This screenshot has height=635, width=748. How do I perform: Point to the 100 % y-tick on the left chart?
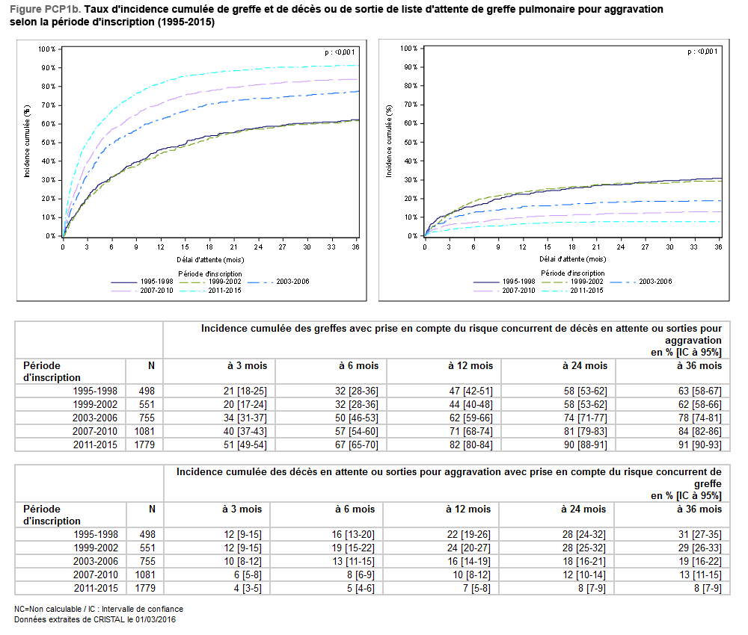click(x=46, y=49)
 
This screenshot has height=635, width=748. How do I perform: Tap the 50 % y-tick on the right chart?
click(x=408, y=142)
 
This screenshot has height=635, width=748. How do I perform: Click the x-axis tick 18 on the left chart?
click(x=209, y=247)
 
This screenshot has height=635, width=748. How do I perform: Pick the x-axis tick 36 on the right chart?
click(x=718, y=247)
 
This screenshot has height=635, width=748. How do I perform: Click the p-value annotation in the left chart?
click(x=340, y=52)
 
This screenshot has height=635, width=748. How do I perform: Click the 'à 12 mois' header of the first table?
click(x=470, y=366)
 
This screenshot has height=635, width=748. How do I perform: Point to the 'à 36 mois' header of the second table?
click(x=700, y=509)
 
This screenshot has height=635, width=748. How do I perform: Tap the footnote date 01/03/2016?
click(x=154, y=619)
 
